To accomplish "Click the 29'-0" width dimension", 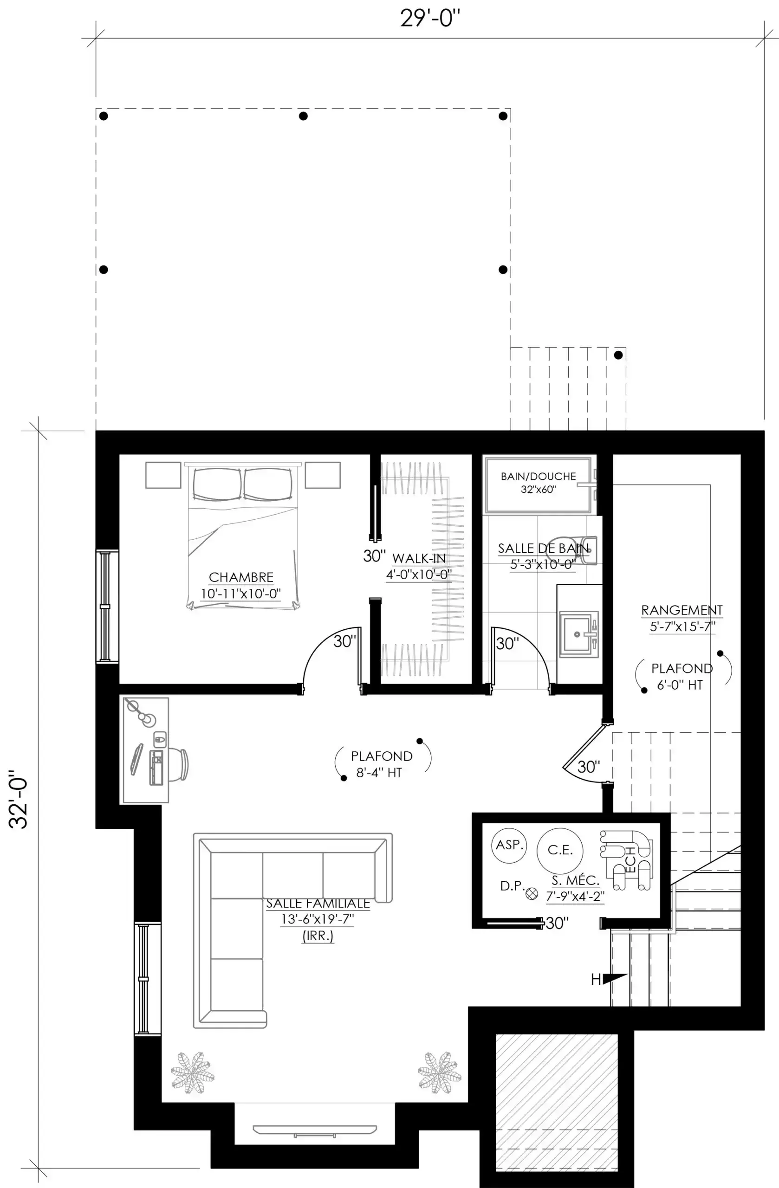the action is click(x=430, y=19).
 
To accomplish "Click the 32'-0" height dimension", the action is click(x=19, y=799).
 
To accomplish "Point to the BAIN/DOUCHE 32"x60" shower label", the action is click(x=539, y=483).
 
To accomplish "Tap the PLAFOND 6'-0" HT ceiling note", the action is click(x=682, y=676).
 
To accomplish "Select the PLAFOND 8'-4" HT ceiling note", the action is click(x=382, y=764).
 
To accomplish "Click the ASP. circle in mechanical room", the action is click(x=509, y=845).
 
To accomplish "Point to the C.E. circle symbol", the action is click(x=560, y=851).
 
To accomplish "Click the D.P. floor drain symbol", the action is click(x=532, y=894).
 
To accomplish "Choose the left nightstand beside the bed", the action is click(x=163, y=475).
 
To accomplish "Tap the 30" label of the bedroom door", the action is click(x=345, y=641).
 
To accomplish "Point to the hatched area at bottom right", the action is click(x=557, y=1102).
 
